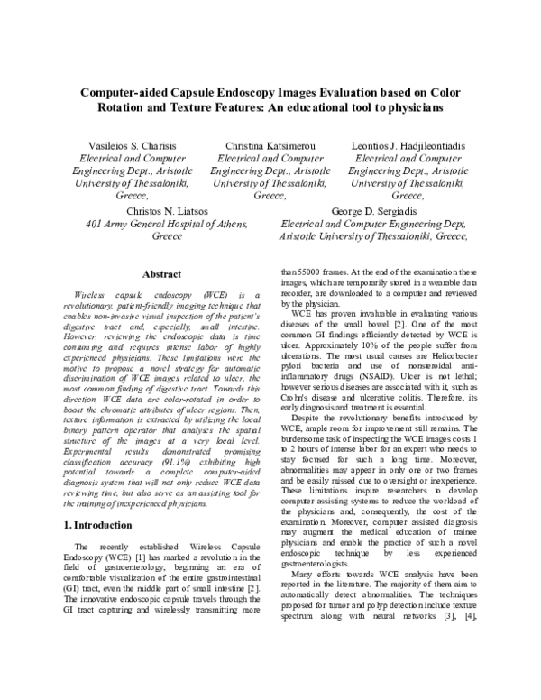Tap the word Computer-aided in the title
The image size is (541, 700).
[x=126, y=92]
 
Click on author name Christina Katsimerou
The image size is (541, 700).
[x=270, y=146]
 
